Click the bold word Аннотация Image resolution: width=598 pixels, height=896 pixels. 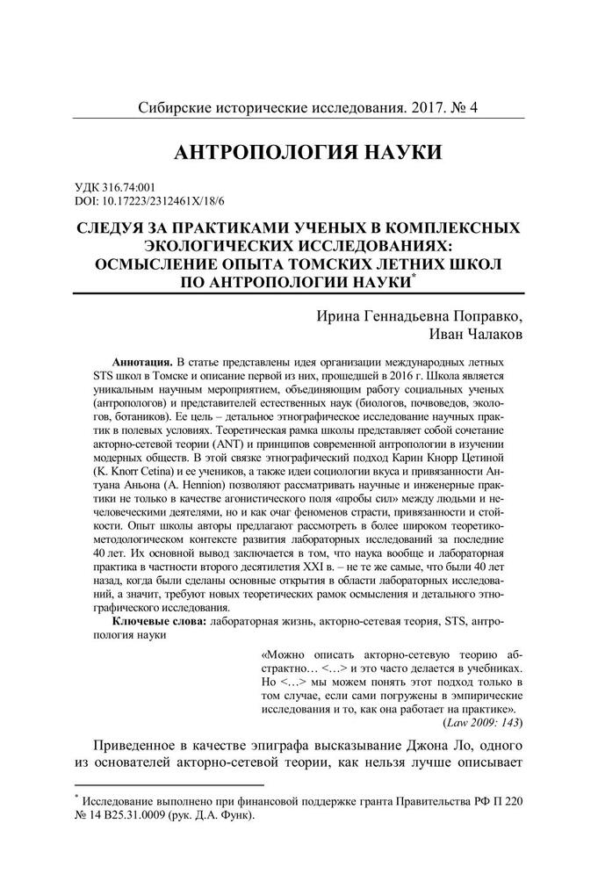point(142,363)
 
